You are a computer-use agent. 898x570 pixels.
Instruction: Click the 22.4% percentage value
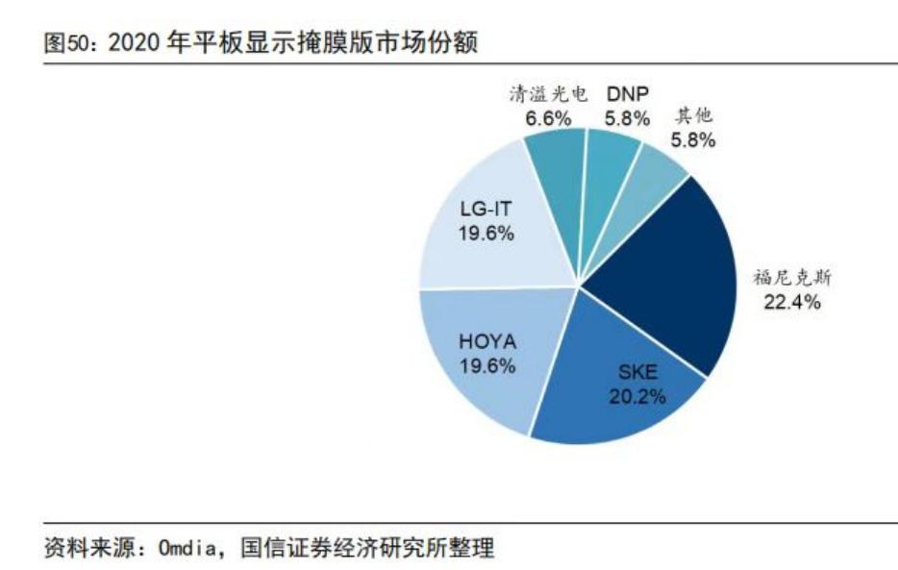click(792, 303)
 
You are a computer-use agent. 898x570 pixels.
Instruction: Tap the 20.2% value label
click(637, 396)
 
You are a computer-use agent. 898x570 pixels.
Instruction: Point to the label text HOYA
click(487, 342)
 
